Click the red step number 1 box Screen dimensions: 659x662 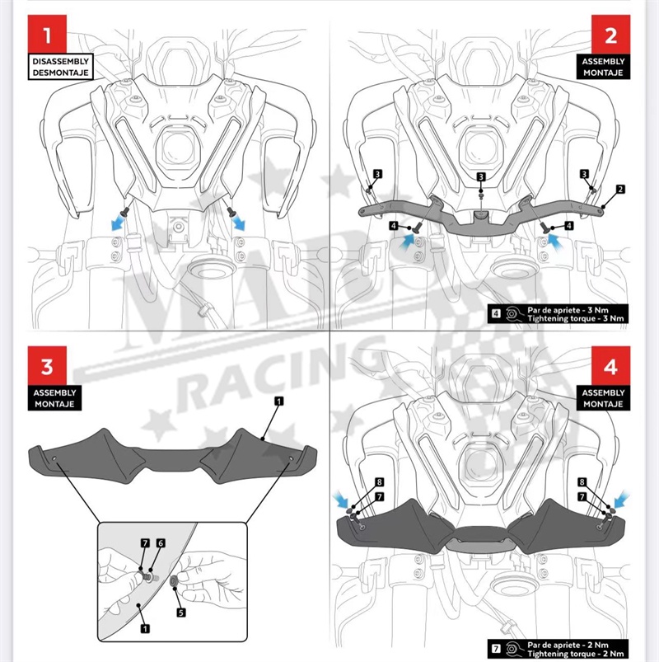click(x=47, y=35)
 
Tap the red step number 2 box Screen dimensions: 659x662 click(x=610, y=35)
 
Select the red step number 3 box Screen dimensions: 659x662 click(x=47, y=365)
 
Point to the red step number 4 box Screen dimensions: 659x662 click(x=610, y=365)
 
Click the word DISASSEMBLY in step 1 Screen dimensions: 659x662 click(x=61, y=61)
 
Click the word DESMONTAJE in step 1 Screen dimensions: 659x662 click(x=61, y=73)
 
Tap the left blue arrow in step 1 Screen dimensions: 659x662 click(x=118, y=223)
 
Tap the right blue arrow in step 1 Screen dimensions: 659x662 click(x=238, y=223)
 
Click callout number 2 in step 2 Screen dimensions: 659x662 click(x=620, y=189)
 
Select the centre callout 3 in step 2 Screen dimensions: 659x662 click(x=481, y=176)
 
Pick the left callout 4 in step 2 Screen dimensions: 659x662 click(x=394, y=226)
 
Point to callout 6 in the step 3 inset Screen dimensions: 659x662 click(x=161, y=543)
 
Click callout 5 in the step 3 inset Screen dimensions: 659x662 click(x=181, y=613)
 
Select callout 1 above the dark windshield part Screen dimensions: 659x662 click(x=279, y=401)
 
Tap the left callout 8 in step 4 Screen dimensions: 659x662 click(x=379, y=482)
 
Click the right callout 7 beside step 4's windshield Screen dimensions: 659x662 click(x=582, y=496)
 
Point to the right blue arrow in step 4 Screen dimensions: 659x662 click(x=621, y=500)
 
